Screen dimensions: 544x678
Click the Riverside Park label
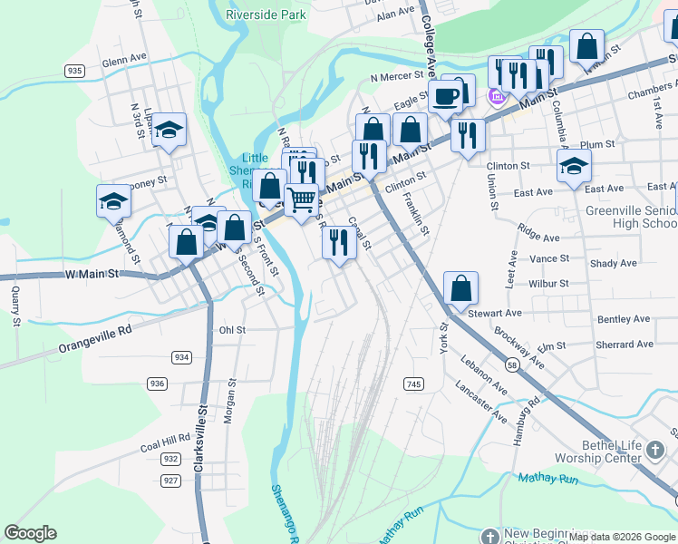266,15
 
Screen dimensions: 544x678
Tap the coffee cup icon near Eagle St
444,95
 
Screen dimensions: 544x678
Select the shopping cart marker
302,198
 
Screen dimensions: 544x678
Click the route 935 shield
74,70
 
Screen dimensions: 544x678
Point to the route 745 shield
413,384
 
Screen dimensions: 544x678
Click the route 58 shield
512,364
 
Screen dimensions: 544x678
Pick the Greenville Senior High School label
632,217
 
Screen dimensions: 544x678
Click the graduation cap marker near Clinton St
574,166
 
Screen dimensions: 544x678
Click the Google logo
31,533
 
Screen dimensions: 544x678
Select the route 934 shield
181,357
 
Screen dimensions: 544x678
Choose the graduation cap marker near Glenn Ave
169,130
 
